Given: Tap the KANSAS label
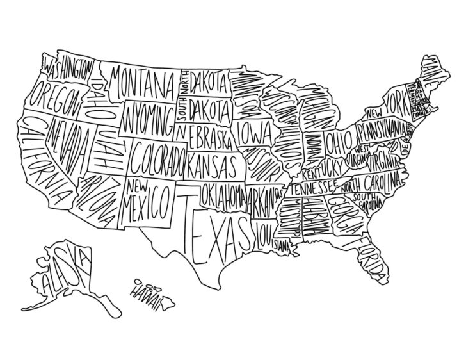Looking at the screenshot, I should [x=212, y=165].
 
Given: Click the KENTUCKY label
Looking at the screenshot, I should [x=323, y=172].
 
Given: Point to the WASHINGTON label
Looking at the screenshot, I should [x=69, y=70].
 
